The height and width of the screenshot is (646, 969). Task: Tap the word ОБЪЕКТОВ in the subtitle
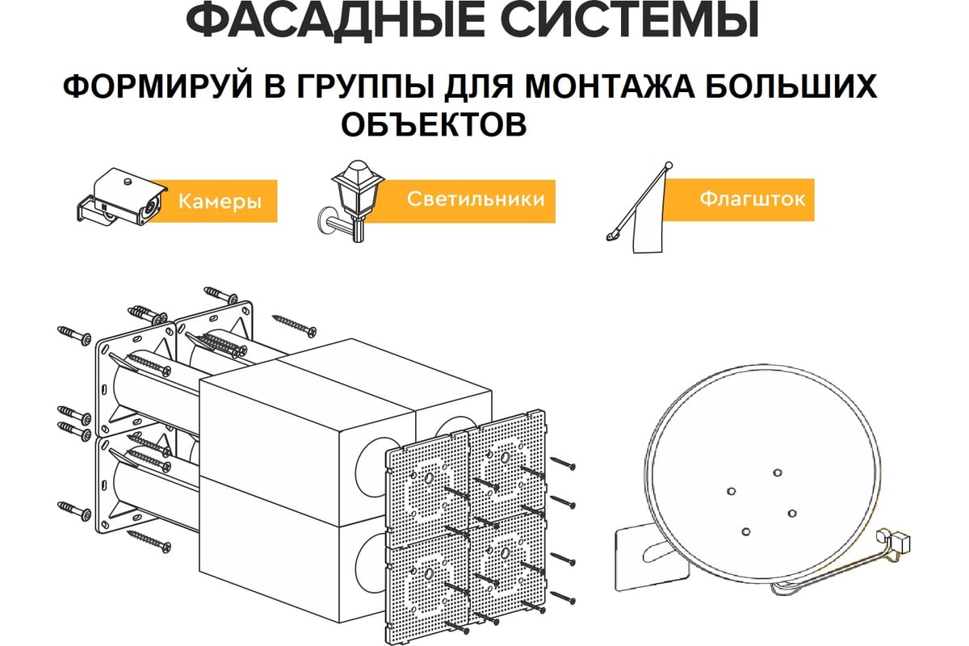tap(434, 124)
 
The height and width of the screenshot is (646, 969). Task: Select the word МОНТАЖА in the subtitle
tap(610, 86)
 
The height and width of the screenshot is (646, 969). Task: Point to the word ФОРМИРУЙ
tap(157, 86)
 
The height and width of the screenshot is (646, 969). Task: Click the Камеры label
tap(220, 202)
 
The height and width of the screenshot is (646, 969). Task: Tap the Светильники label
tap(476, 199)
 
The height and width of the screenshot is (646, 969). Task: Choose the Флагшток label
tap(753, 199)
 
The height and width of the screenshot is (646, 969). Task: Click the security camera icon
tap(122, 197)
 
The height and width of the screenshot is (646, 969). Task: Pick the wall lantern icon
tap(350, 201)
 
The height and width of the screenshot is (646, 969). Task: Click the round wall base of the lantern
tap(325, 221)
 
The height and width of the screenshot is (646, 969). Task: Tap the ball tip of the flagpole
tap(669, 166)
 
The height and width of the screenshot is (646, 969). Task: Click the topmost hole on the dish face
tap(778, 472)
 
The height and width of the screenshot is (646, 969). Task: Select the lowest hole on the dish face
tap(746, 531)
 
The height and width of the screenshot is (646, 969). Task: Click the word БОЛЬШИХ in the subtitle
tap(793, 86)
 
